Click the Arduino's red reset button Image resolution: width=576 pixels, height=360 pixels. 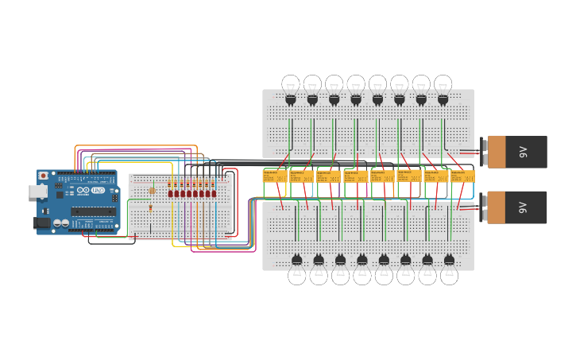[43, 176]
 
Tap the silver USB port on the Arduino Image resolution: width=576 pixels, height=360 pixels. [37, 192]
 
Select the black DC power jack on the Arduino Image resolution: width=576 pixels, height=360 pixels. [41, 223]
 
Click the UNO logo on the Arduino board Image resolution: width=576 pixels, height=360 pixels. [97, 191]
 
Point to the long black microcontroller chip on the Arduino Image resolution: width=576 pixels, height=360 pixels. [93, 211]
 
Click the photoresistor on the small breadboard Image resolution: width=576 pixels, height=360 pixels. [152, 191]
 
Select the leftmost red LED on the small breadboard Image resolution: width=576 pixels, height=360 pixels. [170, 193]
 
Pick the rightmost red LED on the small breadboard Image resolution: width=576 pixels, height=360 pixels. [214, 193]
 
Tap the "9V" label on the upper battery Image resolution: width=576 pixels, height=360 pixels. [523, 152]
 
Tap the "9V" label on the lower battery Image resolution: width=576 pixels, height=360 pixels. [523, 207]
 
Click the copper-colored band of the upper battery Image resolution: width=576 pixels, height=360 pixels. [497, 152]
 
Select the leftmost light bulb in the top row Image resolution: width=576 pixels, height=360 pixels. [291, 84]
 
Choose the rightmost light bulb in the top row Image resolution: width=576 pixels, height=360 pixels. [443, 84]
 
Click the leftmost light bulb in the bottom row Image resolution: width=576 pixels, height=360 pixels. [296, 274]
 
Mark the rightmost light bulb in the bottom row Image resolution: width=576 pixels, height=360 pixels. [449, 274]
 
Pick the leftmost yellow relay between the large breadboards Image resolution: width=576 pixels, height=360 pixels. [275, 176]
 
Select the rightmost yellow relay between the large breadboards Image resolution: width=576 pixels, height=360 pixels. [462, 176]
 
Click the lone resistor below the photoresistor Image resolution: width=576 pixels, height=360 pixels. [151, 208]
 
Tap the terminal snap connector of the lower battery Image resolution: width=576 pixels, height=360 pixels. [483, 207]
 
